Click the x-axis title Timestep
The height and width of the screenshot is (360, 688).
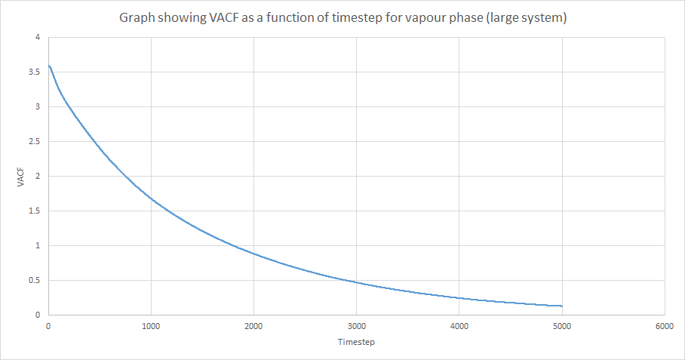coord(356,343)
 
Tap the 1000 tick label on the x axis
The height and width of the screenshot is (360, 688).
coord(151,327)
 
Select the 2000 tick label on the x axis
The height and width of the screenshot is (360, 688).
coord(253,327)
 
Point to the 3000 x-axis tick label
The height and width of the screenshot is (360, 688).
coord(356,327)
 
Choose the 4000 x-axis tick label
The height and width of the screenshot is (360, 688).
coord(459,327)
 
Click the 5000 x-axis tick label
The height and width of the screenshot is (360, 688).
coord(562,327)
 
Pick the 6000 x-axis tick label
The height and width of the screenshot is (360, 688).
coord(665,327)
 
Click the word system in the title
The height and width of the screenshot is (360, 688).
coord(542,17)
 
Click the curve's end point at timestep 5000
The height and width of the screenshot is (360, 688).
coord(562,306)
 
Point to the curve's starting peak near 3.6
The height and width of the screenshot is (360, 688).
coord(49,66)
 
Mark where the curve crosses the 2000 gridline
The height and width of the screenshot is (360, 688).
coord(253,254)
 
